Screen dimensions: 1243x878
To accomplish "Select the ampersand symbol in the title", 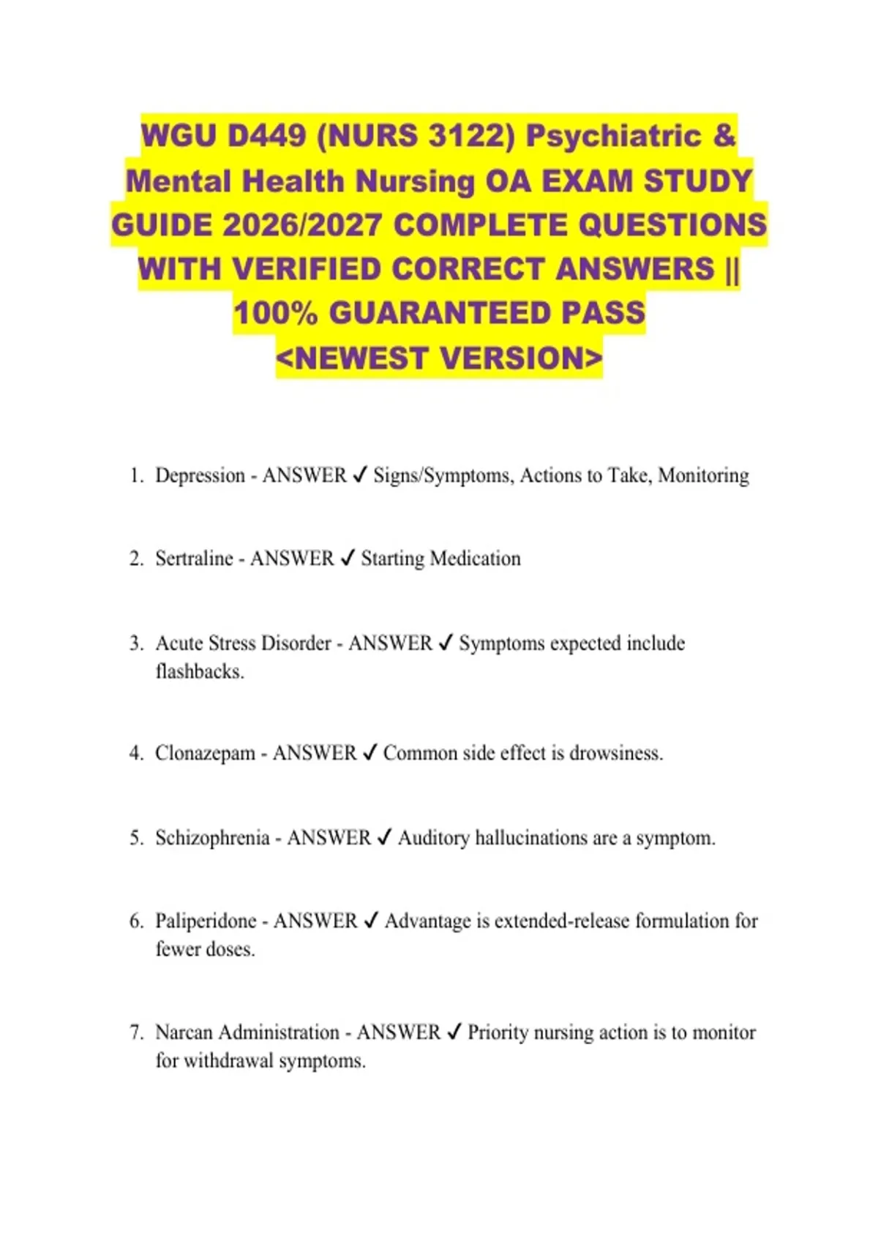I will pos(724,136).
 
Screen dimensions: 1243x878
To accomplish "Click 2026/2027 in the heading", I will pos(301,225).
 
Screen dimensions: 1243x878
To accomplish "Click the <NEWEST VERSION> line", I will pos(440,358).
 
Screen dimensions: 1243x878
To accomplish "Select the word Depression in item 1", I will pos(200,476).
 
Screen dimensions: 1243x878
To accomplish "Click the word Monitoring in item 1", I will pos(703,476).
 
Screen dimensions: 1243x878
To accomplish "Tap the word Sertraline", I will pos(194,559).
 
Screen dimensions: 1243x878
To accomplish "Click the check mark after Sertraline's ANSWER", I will pos(348,559).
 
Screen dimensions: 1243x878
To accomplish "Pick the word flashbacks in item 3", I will pos(198,672).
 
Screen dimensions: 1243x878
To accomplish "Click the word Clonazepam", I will pos(205,753).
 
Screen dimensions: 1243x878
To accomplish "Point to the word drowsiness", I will pos(615,753).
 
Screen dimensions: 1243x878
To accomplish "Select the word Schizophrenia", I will pos(212,838).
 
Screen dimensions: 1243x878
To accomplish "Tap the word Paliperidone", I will pos(206,921).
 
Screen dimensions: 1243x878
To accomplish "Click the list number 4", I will pos(135,753).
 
